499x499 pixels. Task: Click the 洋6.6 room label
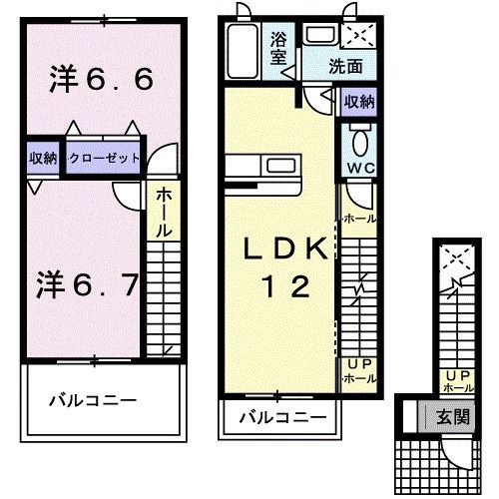click(101, 80)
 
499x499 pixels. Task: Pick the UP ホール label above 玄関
click(457, 380)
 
